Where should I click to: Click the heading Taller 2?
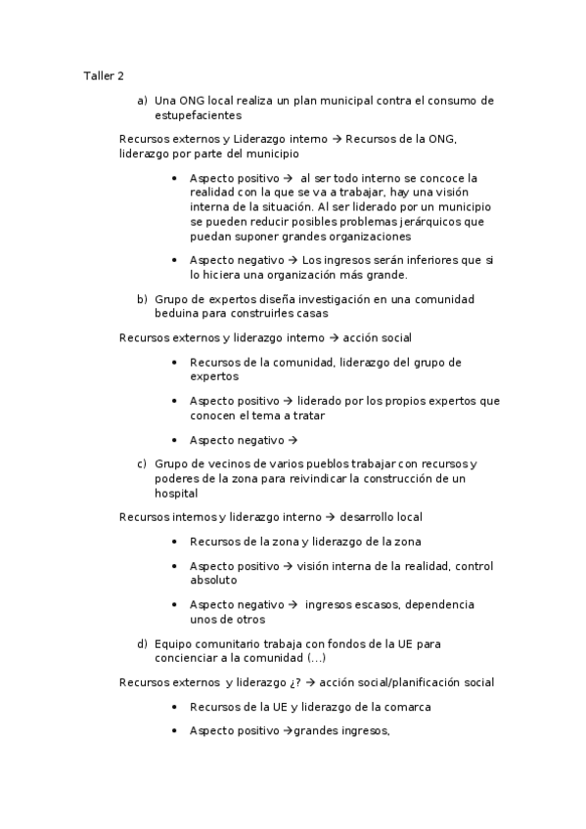tap(104, 75)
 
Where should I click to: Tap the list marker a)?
tap(143, 100)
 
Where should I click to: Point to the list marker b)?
tap(143, 299)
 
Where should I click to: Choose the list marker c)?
tap(143, 463)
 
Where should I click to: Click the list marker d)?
tap(143, 643)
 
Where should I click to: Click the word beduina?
tap(177, 314)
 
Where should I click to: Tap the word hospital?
tap(176, 494)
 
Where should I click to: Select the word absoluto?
tap(213, 580)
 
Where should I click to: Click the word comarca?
tap(407, 706)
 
